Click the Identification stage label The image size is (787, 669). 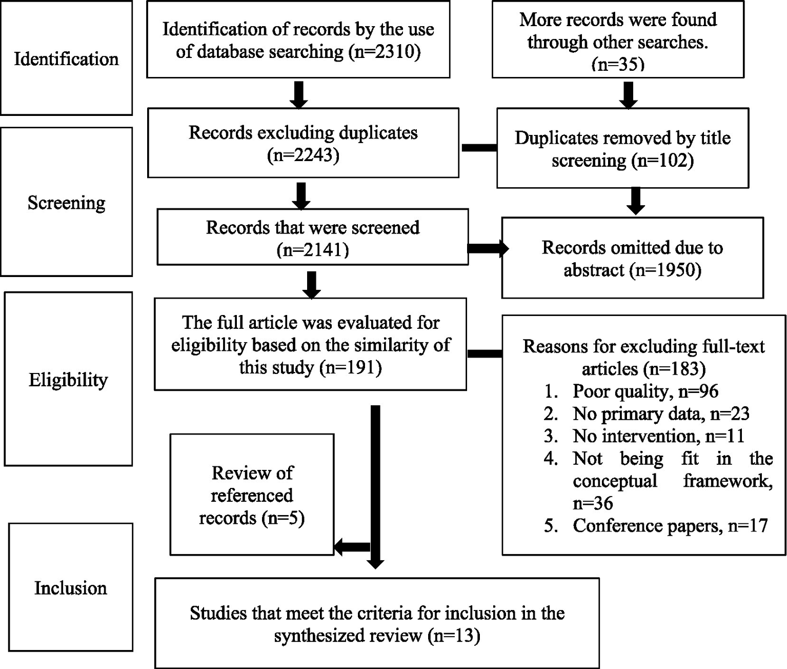(66, 59)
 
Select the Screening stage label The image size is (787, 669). (66, 203)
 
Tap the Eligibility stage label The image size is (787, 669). (68, 380)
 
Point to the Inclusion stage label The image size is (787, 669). (71, 588)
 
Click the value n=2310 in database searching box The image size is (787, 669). (385, 51)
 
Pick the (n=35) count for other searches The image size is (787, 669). (618, 64)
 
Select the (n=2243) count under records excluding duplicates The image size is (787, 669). (303, 155)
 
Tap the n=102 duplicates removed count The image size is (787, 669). (663, 161)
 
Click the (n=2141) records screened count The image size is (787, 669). (312, 250)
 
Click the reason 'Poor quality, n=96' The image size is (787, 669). (645, 391)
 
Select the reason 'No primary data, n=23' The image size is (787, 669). (661, 414)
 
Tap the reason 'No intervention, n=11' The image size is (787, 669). (658, 436)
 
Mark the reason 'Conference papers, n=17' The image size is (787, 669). (670, 526)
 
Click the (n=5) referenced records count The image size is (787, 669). (282, 518)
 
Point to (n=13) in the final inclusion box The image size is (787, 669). (454, 636)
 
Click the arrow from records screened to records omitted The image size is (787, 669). (487, 249)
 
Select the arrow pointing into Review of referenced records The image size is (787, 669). (352, 547)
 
